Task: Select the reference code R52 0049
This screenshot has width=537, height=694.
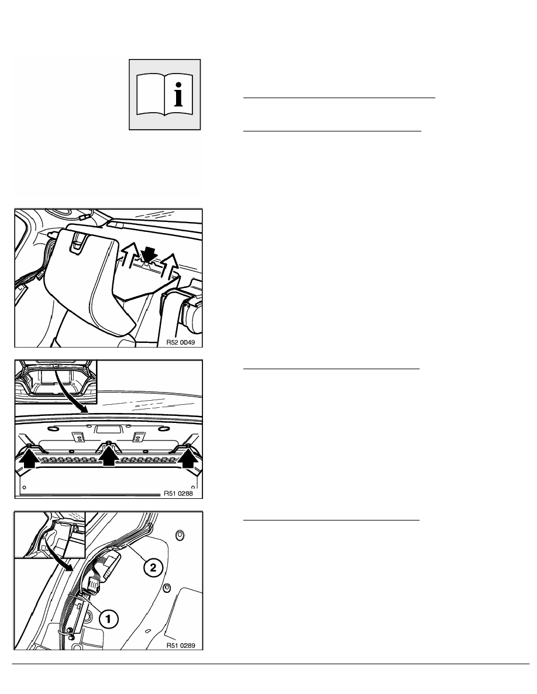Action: pos(180,342)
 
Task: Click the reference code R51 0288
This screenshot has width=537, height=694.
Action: pos(178,493)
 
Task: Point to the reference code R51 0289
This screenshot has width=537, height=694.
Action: pos(181,646)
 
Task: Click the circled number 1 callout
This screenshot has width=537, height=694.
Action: pos(109,618)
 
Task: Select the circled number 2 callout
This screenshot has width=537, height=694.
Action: pos(153,567)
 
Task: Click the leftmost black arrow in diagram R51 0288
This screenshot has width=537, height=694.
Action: pos(29,459)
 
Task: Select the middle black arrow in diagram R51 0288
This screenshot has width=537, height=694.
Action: pos(109,457)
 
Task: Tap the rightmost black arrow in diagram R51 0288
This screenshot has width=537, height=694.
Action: pos(189,459)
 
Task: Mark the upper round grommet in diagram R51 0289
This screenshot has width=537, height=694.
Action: pos(180,535)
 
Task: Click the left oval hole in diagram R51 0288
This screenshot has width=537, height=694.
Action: pos(53,429)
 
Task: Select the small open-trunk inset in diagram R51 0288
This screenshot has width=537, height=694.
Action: pos(56,381)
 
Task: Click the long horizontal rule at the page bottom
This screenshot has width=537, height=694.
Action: pos(271,664)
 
